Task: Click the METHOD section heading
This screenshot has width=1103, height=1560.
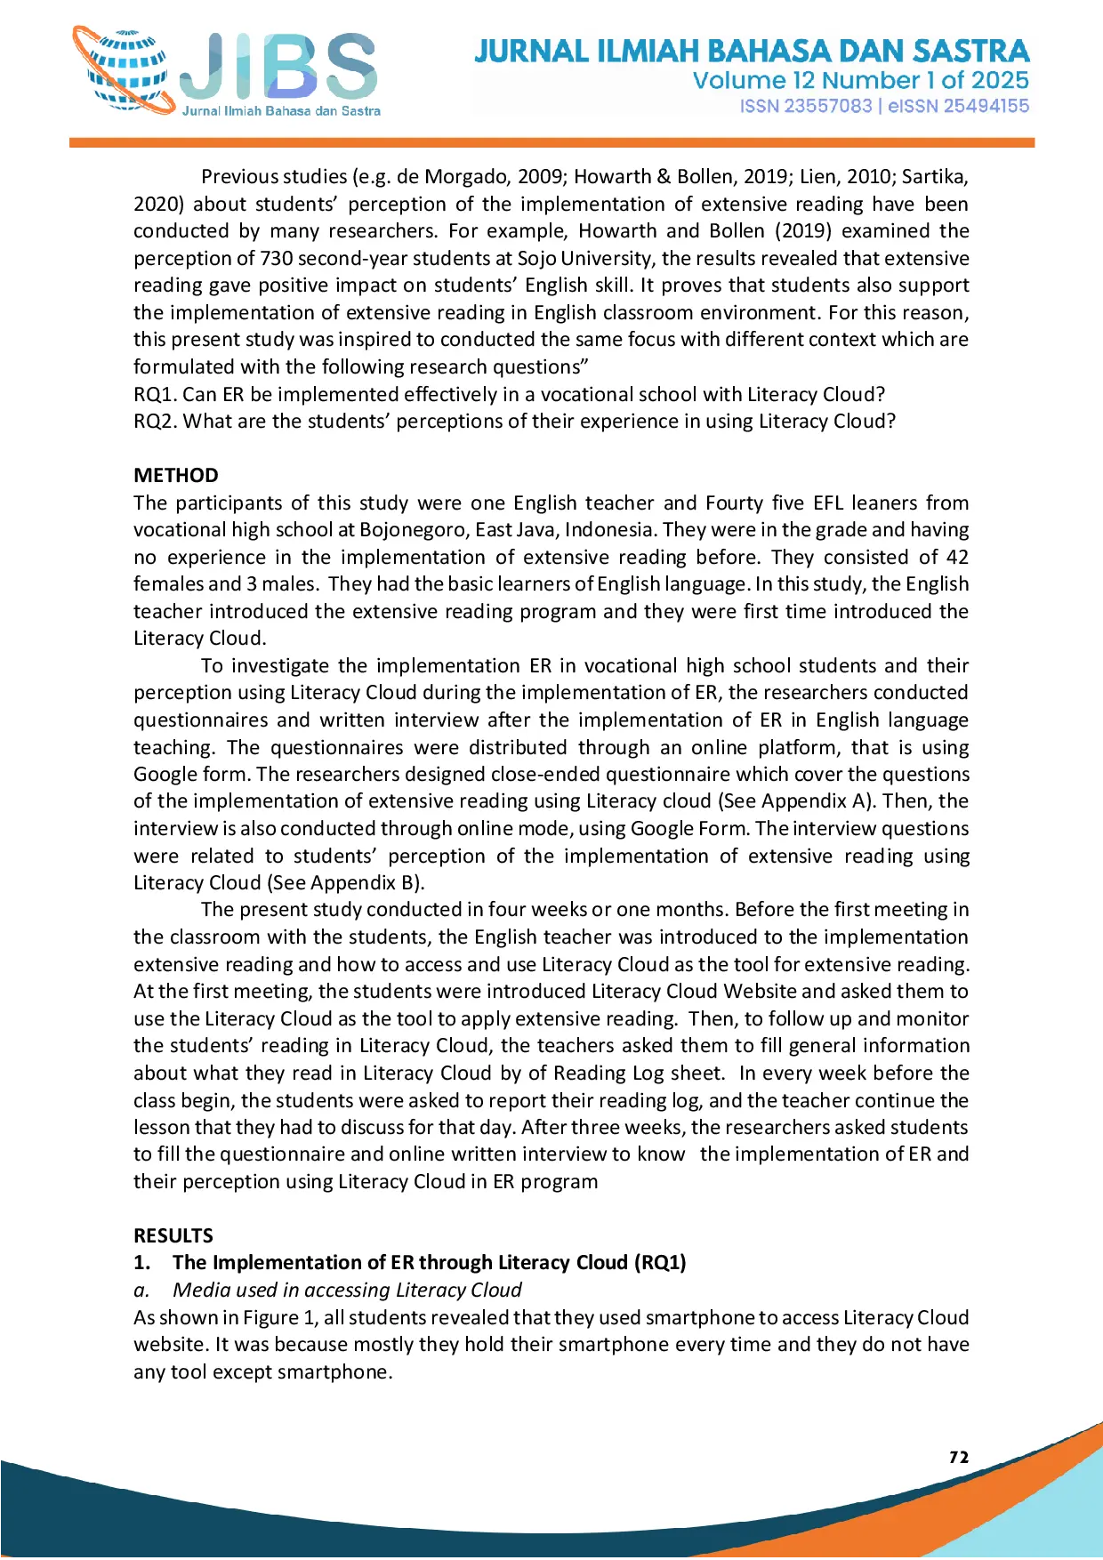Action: pyautogui.click(x=176, y=475)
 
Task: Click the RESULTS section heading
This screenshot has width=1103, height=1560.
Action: pyautogui.click(x=173, y=1235)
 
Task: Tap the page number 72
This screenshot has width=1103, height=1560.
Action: pyautogui.click(x=959, y=1457)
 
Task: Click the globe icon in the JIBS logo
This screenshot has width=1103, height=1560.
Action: pyautogui.click(x=125, y=71)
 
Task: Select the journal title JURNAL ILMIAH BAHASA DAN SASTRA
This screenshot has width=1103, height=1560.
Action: pyautogui.click(x=752, y=51)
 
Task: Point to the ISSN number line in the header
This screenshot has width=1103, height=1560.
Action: pyautogui.click(x=884, y=106)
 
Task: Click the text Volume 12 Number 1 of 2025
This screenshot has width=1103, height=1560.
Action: pyautogui.click(x=860, y=80)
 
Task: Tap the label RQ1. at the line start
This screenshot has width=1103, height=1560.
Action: pyautogui.click(x=155, y=394)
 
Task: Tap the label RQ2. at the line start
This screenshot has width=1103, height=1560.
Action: pyautogui.click(x=155, y=421)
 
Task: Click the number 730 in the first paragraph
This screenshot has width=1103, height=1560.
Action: pyautogui.click(x=276, y=258)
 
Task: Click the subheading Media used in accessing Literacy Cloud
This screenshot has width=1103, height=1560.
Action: pyautogui.click(x=347, y=1290)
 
